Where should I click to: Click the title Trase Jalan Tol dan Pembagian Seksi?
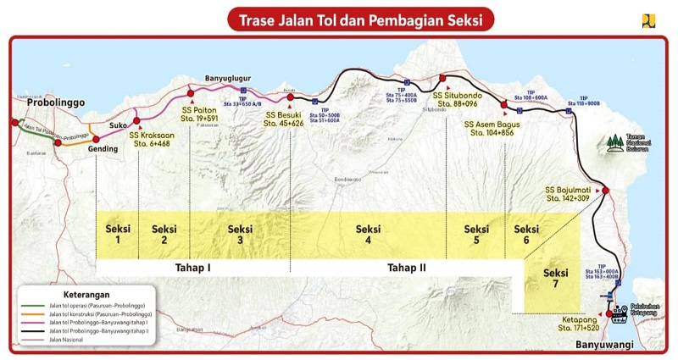(359, 19)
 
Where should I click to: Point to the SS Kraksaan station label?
(152, 139)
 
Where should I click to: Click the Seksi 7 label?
(556, 280)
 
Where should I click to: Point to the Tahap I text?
(192, 268)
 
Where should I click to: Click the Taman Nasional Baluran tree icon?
(617, 140)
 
